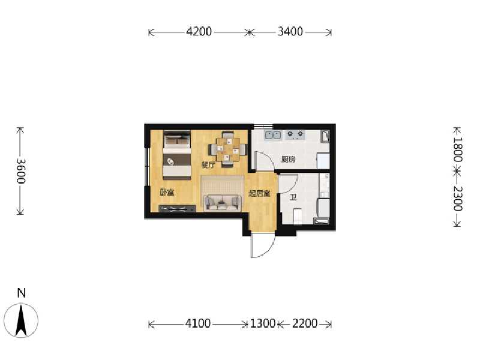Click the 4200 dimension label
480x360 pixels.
(x=199, y=32)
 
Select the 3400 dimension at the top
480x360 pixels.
(x=290, y=32)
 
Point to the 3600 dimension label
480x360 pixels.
(x=20, y=170)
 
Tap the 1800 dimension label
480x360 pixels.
(x=457, y=149)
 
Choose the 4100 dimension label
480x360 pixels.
(x=198, y=324)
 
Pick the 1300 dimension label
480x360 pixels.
(x=262, y=324)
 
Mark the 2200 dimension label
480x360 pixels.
(x=305, y=324)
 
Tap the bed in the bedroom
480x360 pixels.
(x=176, y=154)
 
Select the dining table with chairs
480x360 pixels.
(x=227, y=148)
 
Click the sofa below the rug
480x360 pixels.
(x=222, y=203)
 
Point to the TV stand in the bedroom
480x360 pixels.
(x=177, y=209)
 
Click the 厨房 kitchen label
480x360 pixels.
(x=288, y=160)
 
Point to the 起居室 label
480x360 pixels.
(x=259, y=193)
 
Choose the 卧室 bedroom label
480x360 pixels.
(x=167, y=193)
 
